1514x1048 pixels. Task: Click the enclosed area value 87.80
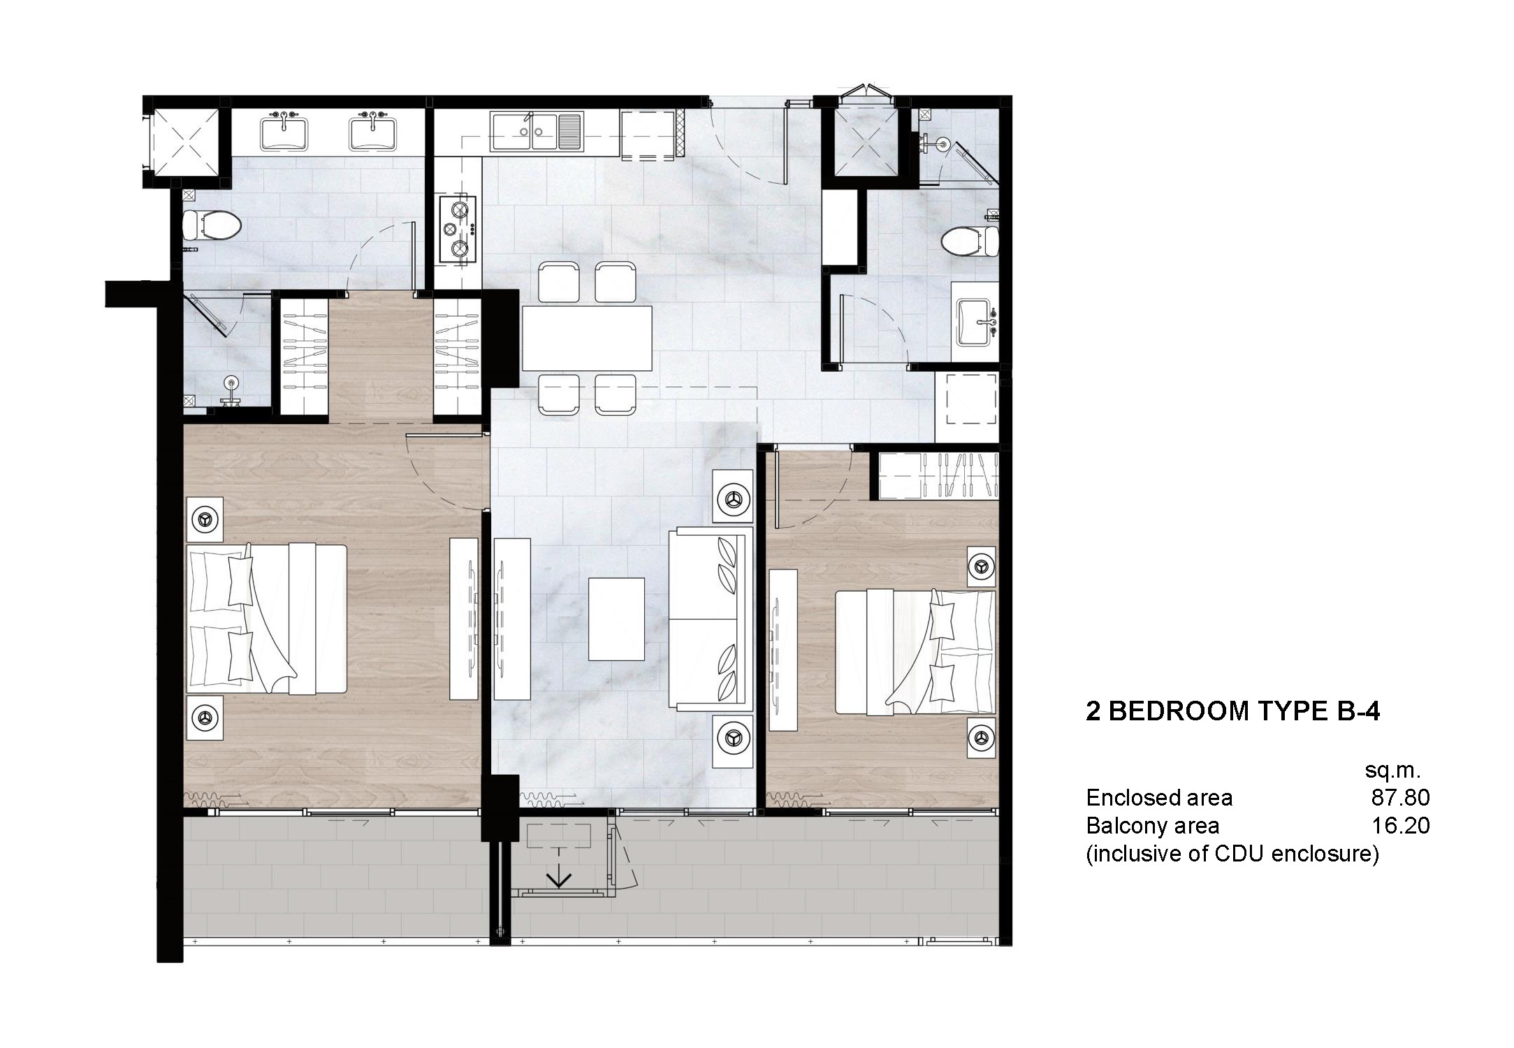[1400, 797]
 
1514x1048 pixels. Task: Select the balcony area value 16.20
[1400, 826]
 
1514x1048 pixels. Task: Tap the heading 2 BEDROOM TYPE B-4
[1232, 711]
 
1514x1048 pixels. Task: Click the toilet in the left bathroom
[211, 225]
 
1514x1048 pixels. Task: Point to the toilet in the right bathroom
[970, 242]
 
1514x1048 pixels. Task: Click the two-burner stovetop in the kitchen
[458, 229]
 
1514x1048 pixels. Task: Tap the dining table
[587, 338]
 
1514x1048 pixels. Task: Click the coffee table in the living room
[616, 618]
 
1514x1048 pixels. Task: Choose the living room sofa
[710, 618]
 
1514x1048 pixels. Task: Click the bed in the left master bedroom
[267, 618]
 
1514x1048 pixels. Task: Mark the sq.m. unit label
[1392, 771]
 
